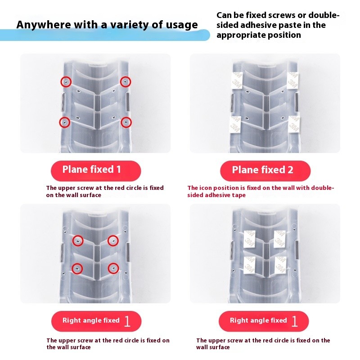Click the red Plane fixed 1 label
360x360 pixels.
click(x=96, y=171)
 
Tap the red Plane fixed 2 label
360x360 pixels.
click(x=265, y=171)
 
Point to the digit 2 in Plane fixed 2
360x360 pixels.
click(x=290, y=170)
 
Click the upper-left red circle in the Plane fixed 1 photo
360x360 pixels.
click(x=66, y=82)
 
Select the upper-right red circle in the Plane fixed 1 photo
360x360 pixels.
click(x=126, y=82)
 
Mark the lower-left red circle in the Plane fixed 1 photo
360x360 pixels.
click(x=65, y=122)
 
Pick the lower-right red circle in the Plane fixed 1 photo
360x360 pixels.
click(x=126, y=122)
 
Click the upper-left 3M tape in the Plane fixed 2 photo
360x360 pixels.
click(x=236, y=81)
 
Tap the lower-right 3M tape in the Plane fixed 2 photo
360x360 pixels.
click(x=294, y=124)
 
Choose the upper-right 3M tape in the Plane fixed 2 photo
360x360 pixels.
click(x=293, y=81)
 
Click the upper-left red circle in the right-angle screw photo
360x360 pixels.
click(x=78, y=241)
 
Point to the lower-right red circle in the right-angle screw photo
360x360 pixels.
click(x=113, y=268)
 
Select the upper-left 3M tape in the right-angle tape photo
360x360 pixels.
click(x=249, y=239)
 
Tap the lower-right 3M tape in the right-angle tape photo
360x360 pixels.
click(x=280, y=265)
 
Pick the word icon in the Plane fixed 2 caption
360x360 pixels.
click(x=206, y=188)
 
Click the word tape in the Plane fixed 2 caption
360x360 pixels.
click(x=238, y=195)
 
